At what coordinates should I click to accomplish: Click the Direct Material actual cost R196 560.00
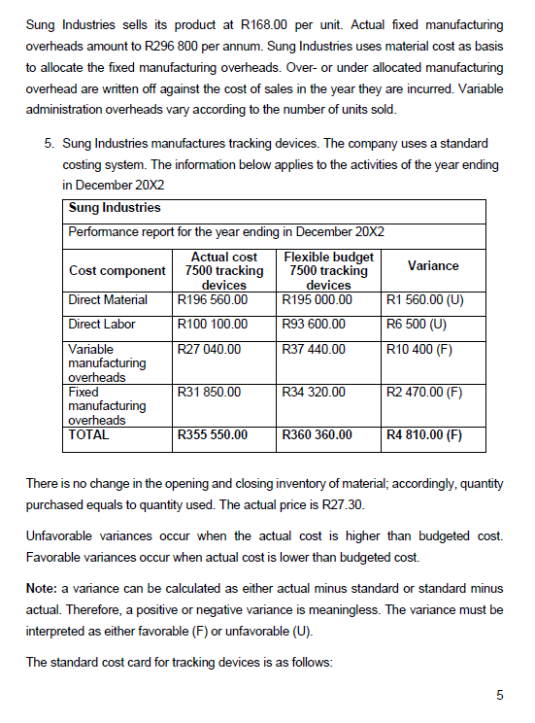212,299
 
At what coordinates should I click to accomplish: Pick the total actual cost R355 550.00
212,435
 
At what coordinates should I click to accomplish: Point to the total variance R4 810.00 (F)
423,435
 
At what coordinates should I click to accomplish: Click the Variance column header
433,265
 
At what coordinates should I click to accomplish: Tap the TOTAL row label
89,435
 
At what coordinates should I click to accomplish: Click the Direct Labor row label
102,324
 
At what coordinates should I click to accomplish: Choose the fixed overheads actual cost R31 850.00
209,392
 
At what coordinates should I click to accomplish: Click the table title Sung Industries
115,207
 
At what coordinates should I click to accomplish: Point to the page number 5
499,695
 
